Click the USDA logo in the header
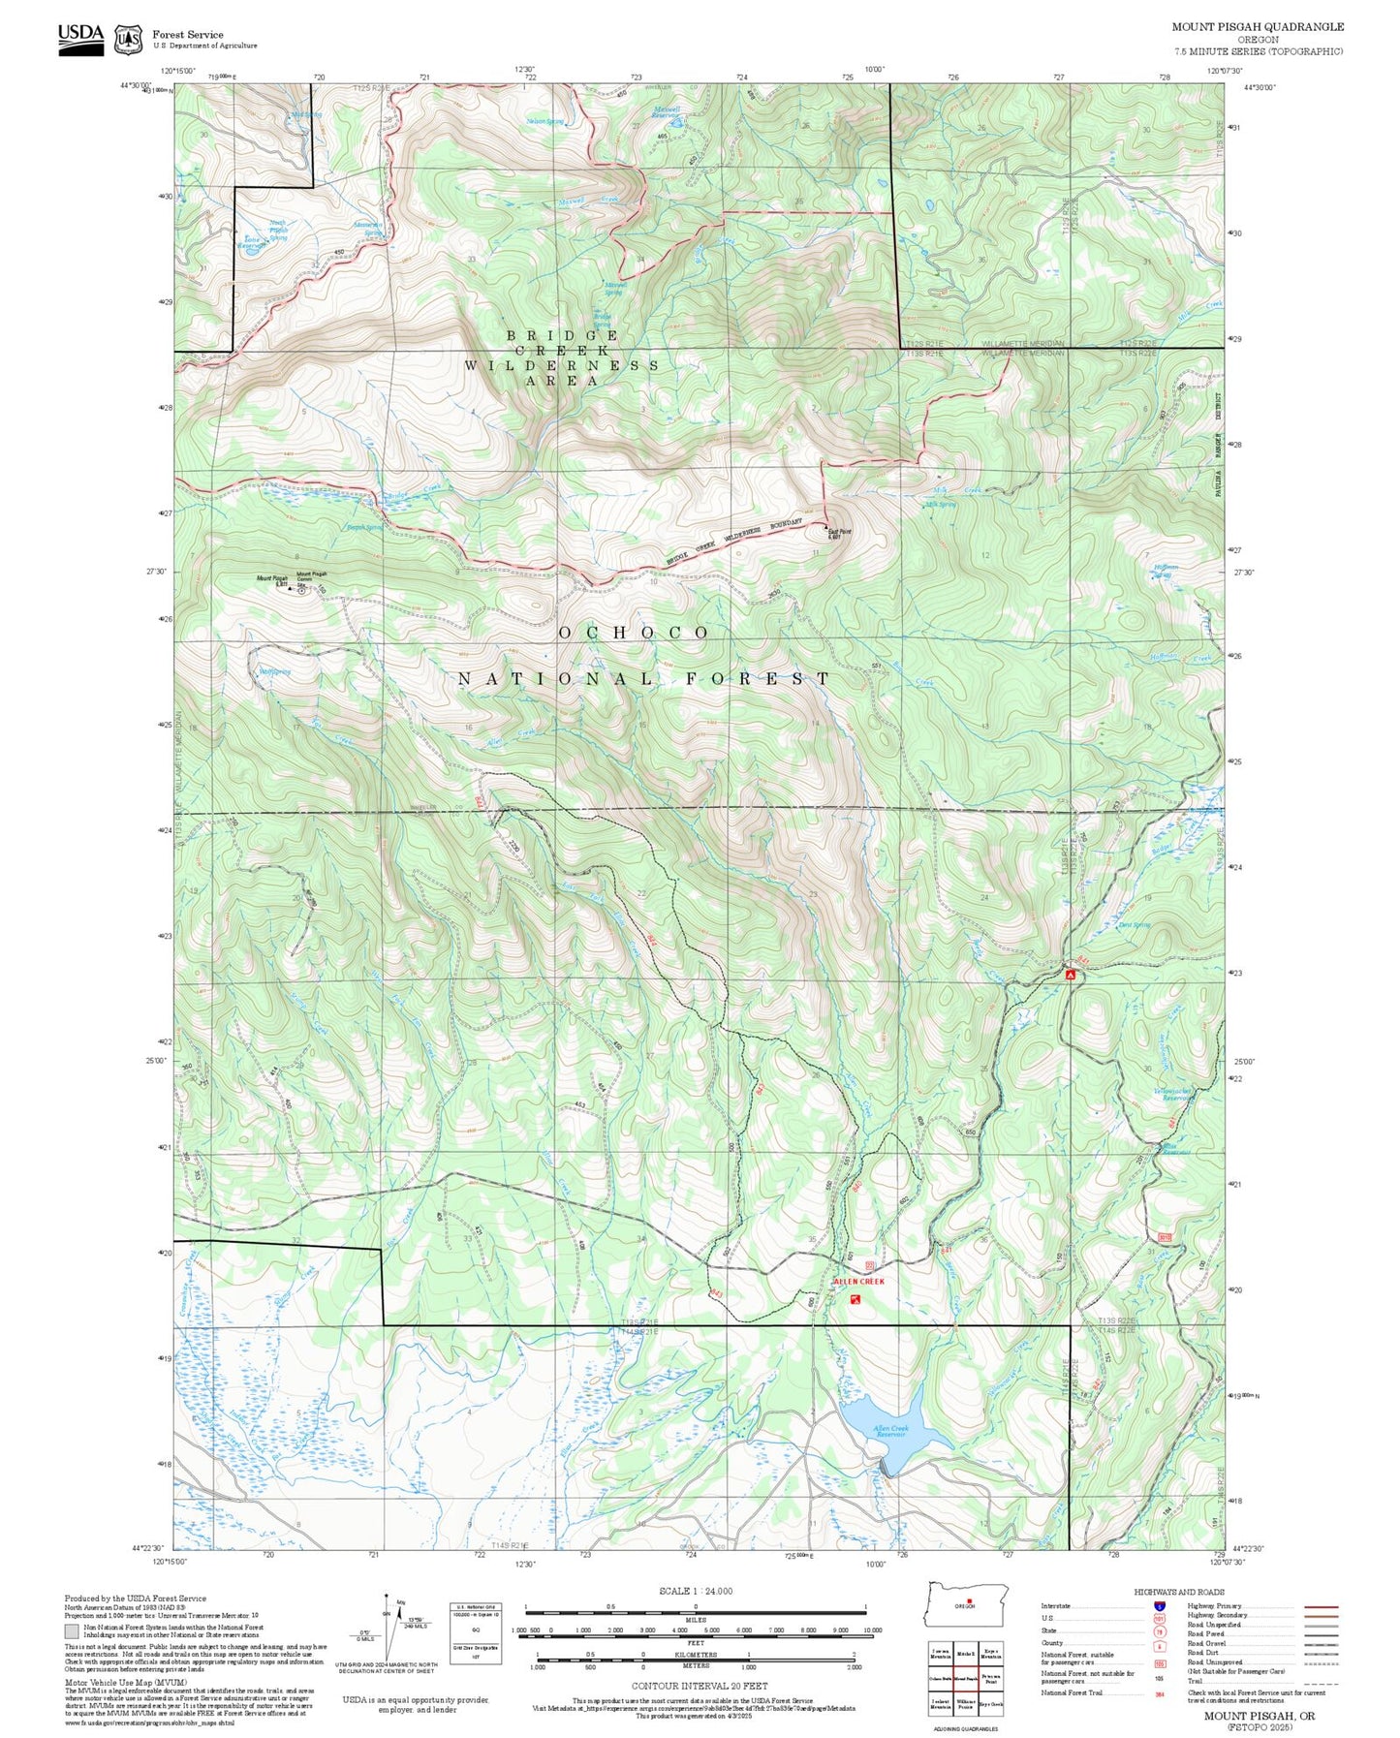pos(80,39)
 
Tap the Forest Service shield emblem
pos(128,40)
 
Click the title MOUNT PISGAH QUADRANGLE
pos(1258,26)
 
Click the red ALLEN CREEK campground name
pos(858,1282)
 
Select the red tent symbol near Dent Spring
pos(1071,975)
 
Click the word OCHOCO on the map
pos(635,633)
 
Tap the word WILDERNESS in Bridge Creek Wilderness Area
pos(562,365)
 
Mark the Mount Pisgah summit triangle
pos(291,588)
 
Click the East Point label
pos(839,532)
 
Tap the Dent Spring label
pos(1134,925)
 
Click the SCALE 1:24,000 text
pos(696,1591)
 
